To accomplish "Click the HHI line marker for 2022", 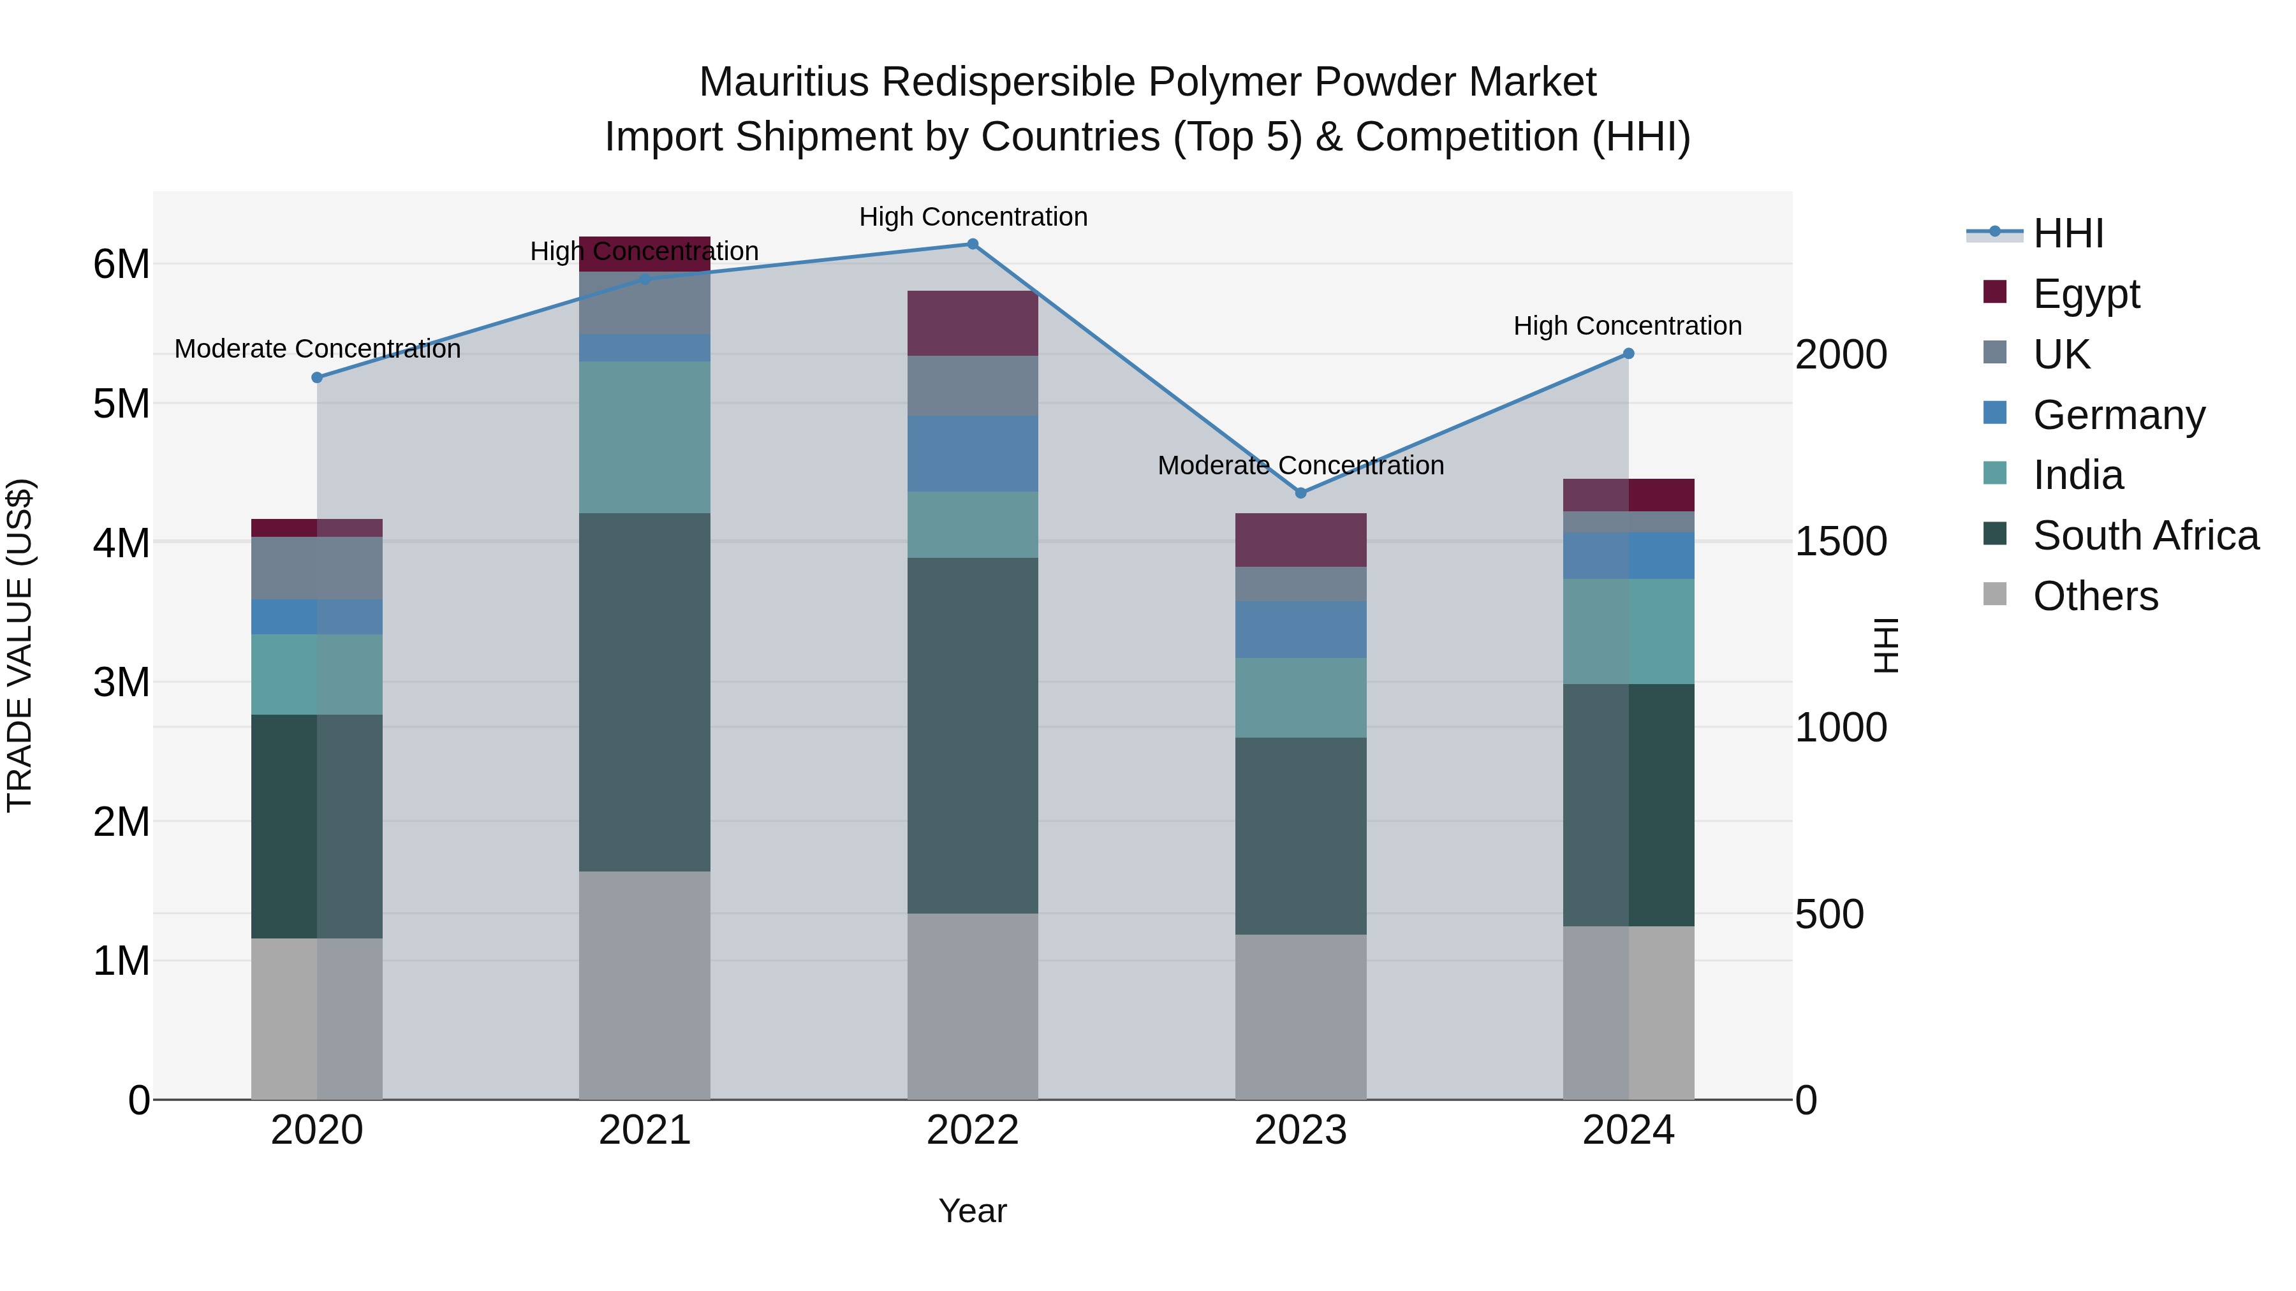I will (x=973, y=244).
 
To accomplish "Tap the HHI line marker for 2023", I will (x=1300, y=493).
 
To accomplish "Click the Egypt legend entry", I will (x=2086, y=293).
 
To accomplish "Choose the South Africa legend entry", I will (x=2144, y=536).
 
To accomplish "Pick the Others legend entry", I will (x=2094, y=596).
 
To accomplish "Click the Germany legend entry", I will (x=2117, y=415).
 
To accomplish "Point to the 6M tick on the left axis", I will (x=121, y=265).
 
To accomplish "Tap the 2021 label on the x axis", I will (x=644, y=1130).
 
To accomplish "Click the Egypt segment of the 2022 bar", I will (x=973, y=323).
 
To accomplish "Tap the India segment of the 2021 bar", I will (x=644, y=437).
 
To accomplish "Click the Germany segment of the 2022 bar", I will (x=973, y=453).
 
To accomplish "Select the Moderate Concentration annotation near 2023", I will (x=1300, y=465).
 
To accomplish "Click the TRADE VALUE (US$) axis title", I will (x=20, y=645).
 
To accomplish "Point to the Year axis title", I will (x=973, y=1211).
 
